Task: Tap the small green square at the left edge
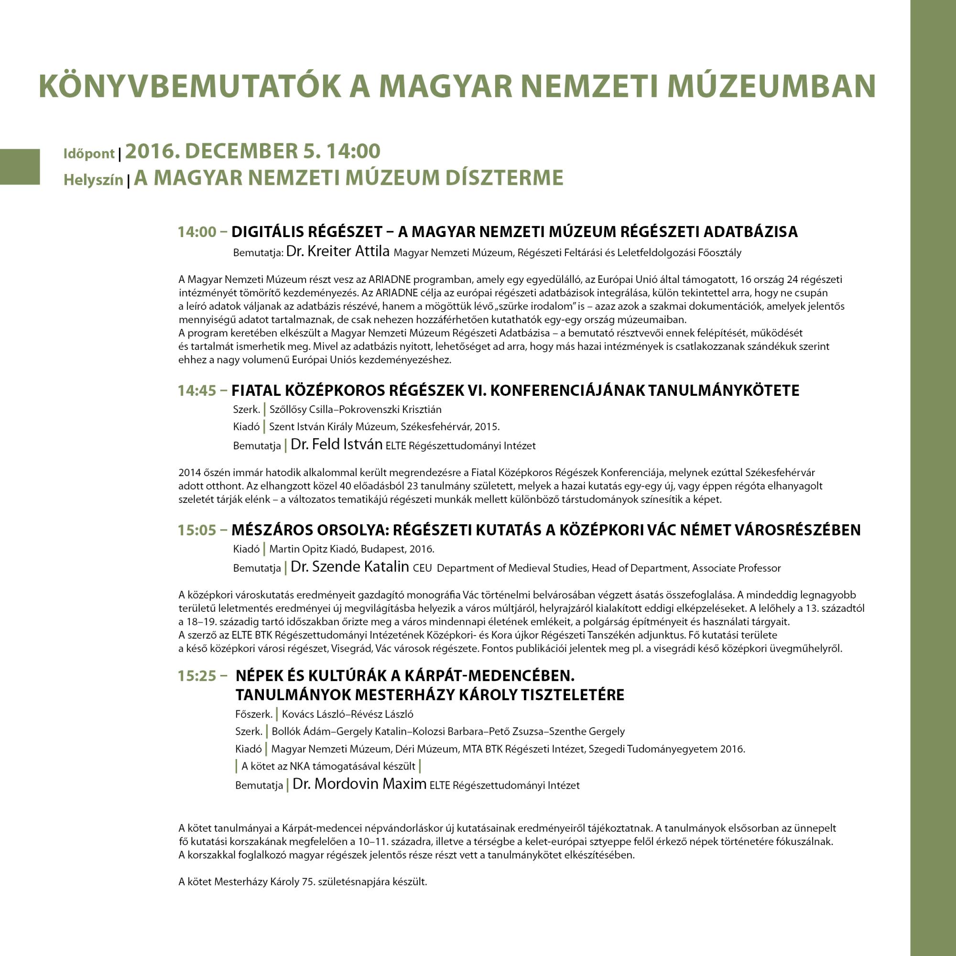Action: [19, 167]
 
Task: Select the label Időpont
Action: [89, 154]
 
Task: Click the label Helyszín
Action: [93, 180]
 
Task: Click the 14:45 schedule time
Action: [197, 391]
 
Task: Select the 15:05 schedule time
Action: [197, 531]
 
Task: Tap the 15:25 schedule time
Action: [197, 676]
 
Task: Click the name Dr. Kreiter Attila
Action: [338, 251]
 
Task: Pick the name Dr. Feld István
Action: [337, 445]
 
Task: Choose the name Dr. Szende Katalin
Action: [350, 566]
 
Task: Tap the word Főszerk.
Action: [254, 715]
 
